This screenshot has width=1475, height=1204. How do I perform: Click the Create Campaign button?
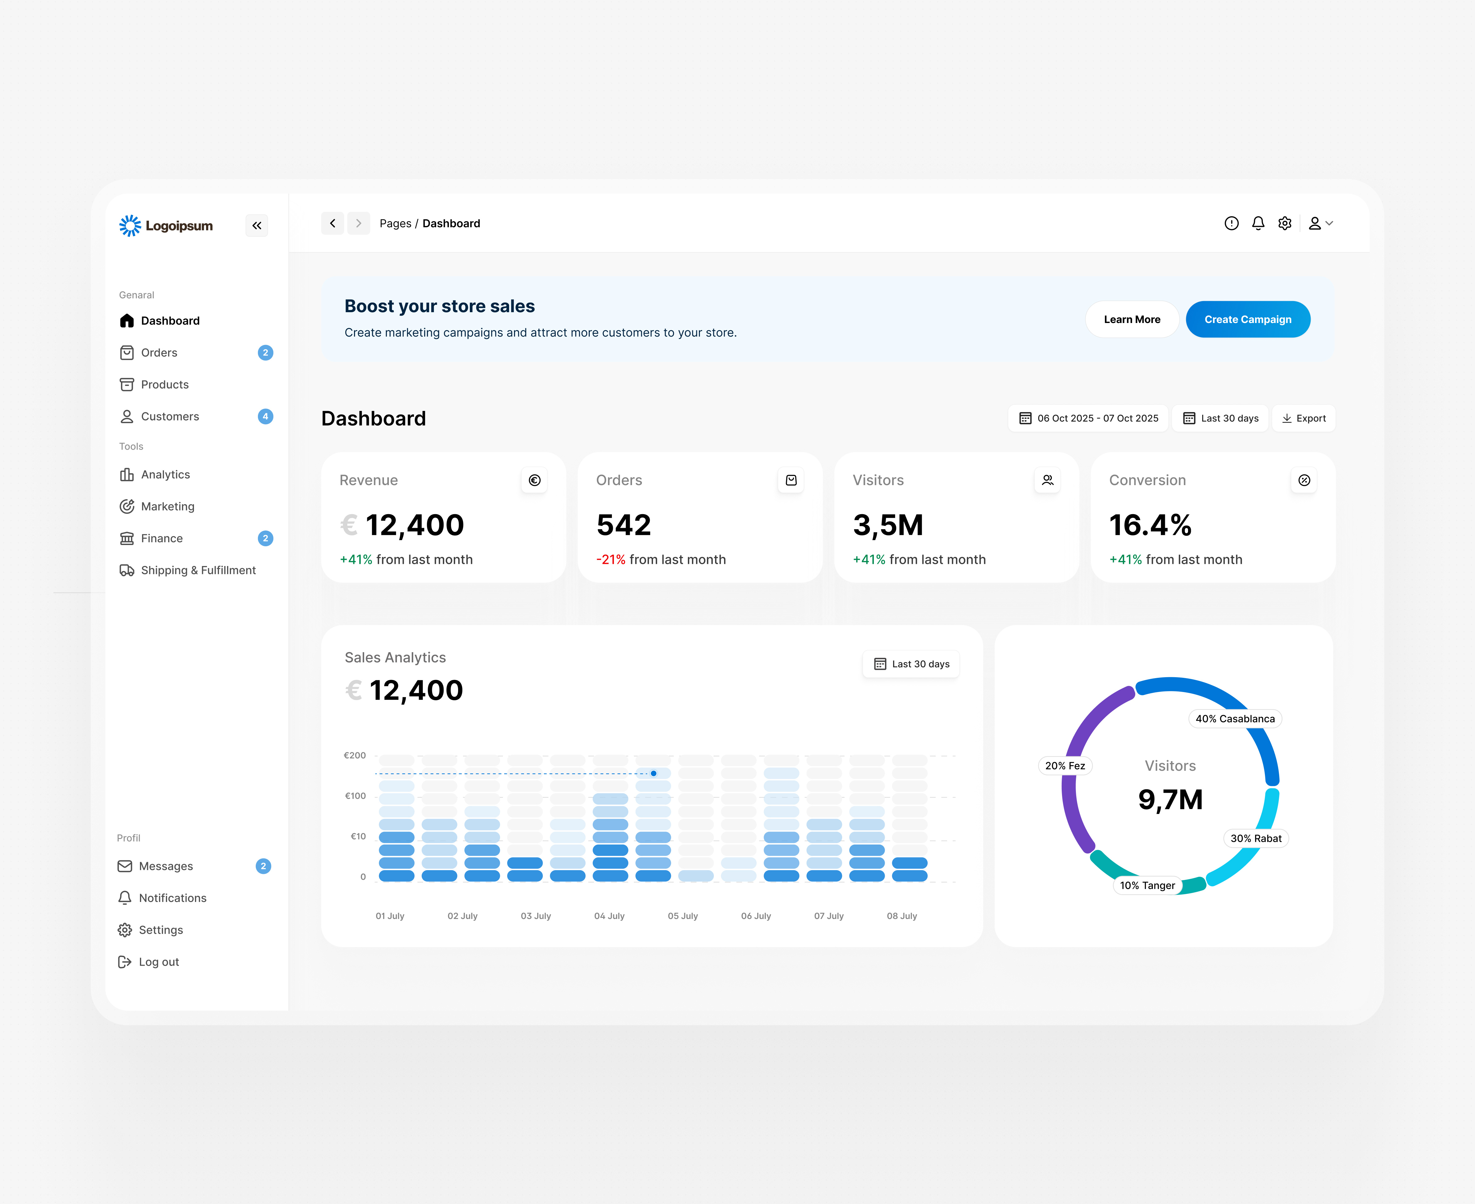point(1247,320)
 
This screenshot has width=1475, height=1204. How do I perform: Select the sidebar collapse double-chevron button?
point(257,225)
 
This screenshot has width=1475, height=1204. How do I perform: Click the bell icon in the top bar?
point(1258,223)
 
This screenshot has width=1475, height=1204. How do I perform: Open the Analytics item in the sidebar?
point(165,474)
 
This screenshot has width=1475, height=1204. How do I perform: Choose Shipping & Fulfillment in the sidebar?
point(198,570)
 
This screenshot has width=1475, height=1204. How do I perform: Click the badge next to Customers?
point(265,416)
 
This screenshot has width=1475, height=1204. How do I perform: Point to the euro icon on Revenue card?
point(534,480)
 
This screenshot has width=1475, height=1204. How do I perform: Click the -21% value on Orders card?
point(610,560)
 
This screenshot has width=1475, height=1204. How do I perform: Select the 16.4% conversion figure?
point(1150,525)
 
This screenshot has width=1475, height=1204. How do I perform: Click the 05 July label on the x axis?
point(683,916)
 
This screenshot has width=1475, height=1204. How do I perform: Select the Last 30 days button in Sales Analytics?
point(911,664)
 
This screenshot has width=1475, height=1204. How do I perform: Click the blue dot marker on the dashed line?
point(654,773)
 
